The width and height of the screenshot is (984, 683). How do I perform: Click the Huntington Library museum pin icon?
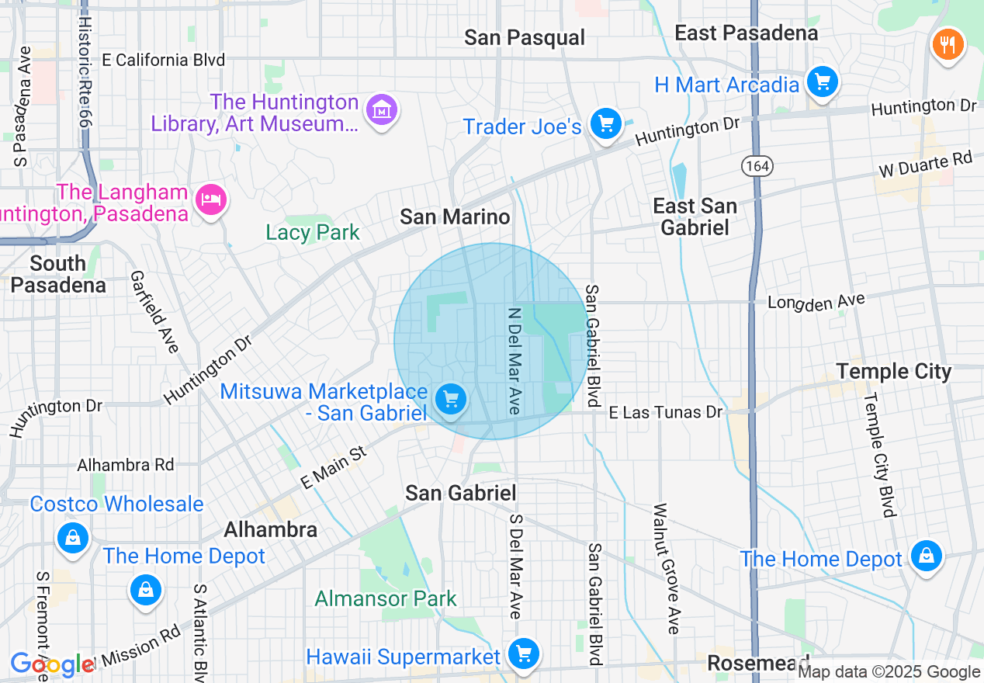pos(382,110)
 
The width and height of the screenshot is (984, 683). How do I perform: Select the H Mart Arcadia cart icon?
pos(822,81)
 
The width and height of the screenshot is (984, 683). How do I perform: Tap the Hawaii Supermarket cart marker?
pos(524,654)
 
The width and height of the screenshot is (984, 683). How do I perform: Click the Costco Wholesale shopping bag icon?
pos(72,537)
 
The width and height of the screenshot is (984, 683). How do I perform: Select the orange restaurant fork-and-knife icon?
pos(947,43)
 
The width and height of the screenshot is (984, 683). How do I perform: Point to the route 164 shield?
pos(754,165)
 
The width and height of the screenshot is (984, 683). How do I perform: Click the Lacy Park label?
pos(313,232)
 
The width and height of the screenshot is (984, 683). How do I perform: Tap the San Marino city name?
pos(455,217)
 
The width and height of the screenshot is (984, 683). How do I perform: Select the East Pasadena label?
pos(746,33)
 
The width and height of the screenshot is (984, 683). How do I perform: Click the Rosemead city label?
pos(757,663)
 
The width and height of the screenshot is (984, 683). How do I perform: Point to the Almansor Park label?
pos(386,598)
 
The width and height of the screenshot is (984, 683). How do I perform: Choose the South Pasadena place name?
pos(58,274)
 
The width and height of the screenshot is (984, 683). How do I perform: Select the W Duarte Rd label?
pos(925,165)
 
